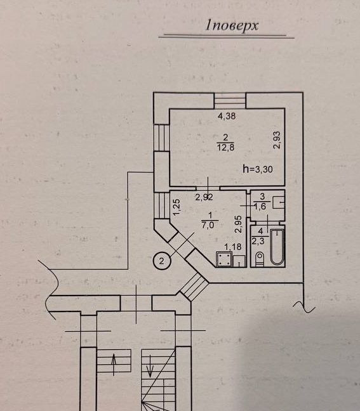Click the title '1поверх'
click(232, 26)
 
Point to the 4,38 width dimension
click(227, 116)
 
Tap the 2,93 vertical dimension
click(277, 140)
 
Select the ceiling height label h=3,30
click(258, 169)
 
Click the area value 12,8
click(225, 148)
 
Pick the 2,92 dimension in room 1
click(204, 197)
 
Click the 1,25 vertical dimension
click(177, 207)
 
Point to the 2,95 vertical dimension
click(238, 225)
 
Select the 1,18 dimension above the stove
click(233, 247)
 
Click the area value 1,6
click(260, 207)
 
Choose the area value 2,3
click(258, 240)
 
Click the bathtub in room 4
click(277, 247)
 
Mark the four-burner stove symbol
click(224, 259)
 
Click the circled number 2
click(162, 261)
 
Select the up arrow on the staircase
click(114, 364)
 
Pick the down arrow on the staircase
click(150, 366)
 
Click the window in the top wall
click(230, 100)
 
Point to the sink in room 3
click(278, 202)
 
